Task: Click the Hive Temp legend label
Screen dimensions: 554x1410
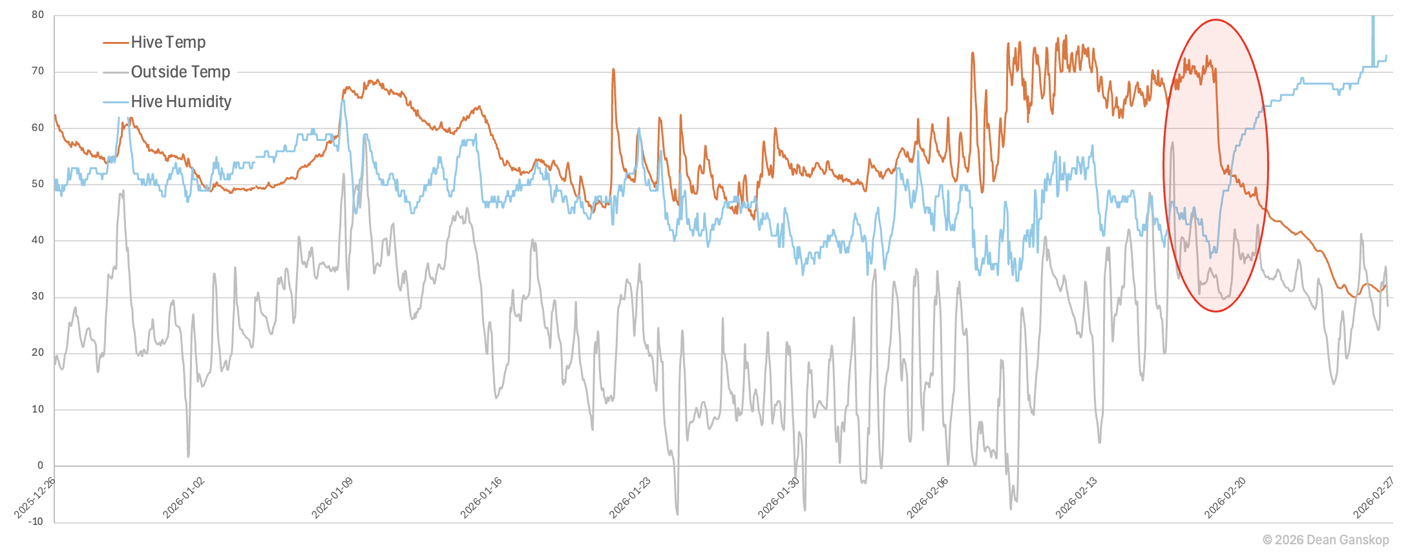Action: (168, 43)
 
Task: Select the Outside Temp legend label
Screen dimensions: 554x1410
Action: (180, 72)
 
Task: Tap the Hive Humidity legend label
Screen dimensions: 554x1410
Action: (181, 102)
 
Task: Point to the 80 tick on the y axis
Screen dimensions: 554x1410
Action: (38, 15)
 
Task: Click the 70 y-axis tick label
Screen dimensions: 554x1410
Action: (38, 71)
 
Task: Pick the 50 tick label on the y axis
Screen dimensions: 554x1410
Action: (38, 184)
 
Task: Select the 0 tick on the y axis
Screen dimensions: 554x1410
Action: (41, 466)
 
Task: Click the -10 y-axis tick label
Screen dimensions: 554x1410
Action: (36, 522)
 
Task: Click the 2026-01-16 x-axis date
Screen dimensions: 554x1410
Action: (481, 498)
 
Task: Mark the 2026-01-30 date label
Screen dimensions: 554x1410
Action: (779, 498)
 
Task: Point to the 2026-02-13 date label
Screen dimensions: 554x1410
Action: (1077, 498)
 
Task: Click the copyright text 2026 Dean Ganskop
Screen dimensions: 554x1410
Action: (1325, 540)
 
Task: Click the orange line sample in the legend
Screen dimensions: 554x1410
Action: (116, 43)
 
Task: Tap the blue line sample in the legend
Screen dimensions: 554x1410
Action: (116, 102)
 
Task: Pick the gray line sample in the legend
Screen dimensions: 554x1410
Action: (116, 72)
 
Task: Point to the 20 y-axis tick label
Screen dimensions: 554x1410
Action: (38, 353)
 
